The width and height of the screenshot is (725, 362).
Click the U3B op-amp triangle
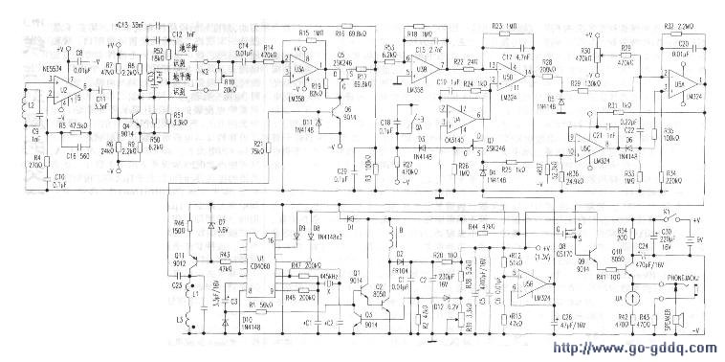[421, 70]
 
